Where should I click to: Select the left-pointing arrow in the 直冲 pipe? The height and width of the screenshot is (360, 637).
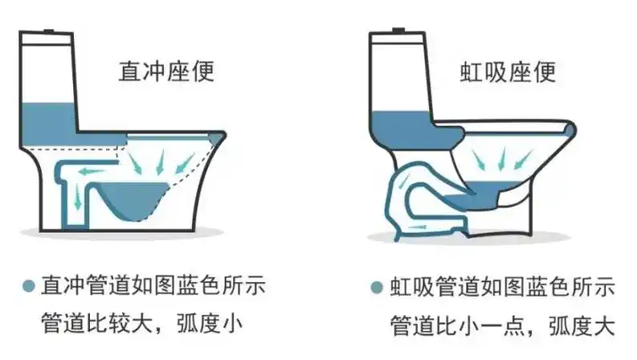(88, 170)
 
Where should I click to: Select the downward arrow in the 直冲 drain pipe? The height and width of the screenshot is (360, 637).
(76, 197)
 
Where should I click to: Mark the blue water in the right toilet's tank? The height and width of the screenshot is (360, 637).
(398, 125)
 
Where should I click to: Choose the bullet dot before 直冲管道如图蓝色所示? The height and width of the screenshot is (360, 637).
(29, 286)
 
